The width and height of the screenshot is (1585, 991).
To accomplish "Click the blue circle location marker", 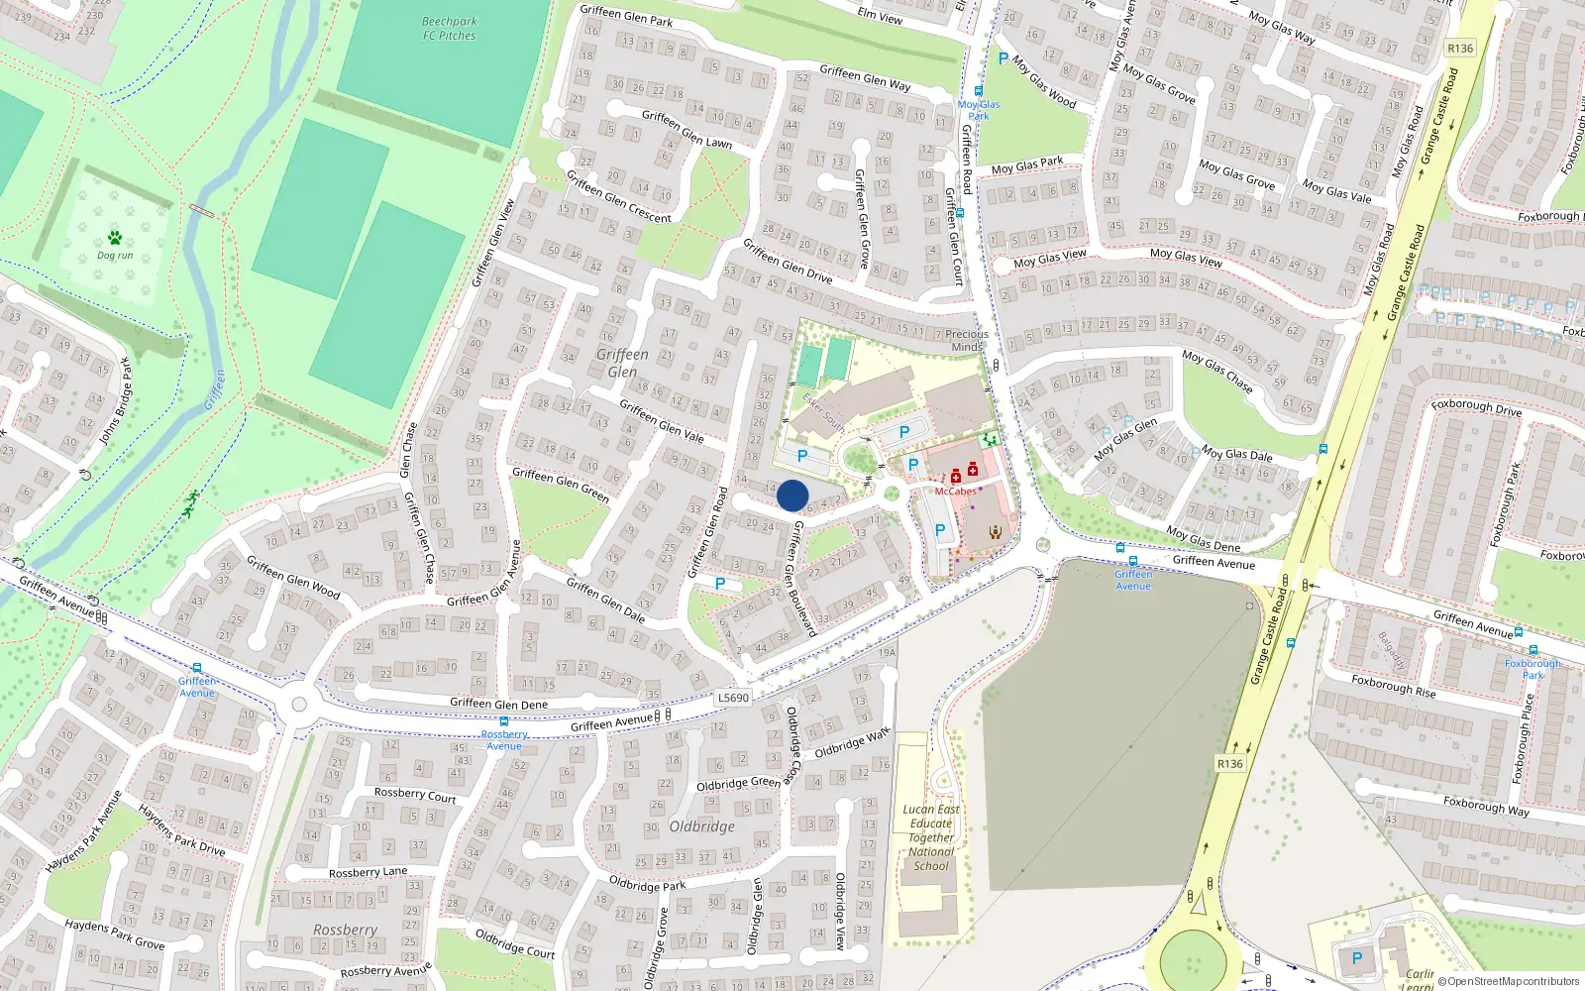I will pos(792,495).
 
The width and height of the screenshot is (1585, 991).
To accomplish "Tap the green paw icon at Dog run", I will pos(115,238).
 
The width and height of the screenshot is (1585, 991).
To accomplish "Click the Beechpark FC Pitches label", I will pos(449,29).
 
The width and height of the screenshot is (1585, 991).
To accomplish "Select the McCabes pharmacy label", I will pos(955,492).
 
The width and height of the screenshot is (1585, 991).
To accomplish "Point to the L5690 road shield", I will pos(733,698).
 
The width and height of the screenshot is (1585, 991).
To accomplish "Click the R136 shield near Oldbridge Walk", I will pos(1229,764).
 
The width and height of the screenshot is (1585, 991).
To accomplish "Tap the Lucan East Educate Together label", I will pos(931,837).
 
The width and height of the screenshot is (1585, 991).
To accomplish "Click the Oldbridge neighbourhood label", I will pos(701,826).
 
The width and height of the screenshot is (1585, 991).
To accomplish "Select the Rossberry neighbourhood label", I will pos(345,930).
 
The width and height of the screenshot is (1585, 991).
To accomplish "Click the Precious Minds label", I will pos(967,340).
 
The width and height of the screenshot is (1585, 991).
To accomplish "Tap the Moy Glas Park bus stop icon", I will pos(978,91).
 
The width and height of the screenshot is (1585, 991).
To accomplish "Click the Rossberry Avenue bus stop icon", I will pos(504,721).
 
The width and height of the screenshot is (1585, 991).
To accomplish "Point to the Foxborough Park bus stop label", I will pos(1532,669).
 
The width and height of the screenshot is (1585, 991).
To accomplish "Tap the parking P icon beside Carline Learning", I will pos(1357,958).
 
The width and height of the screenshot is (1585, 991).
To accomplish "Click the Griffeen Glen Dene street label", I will pos(498,704).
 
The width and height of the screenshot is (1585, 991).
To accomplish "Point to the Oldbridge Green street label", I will pos(738,784).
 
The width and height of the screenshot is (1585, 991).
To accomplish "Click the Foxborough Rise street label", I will pos(1394,686).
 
